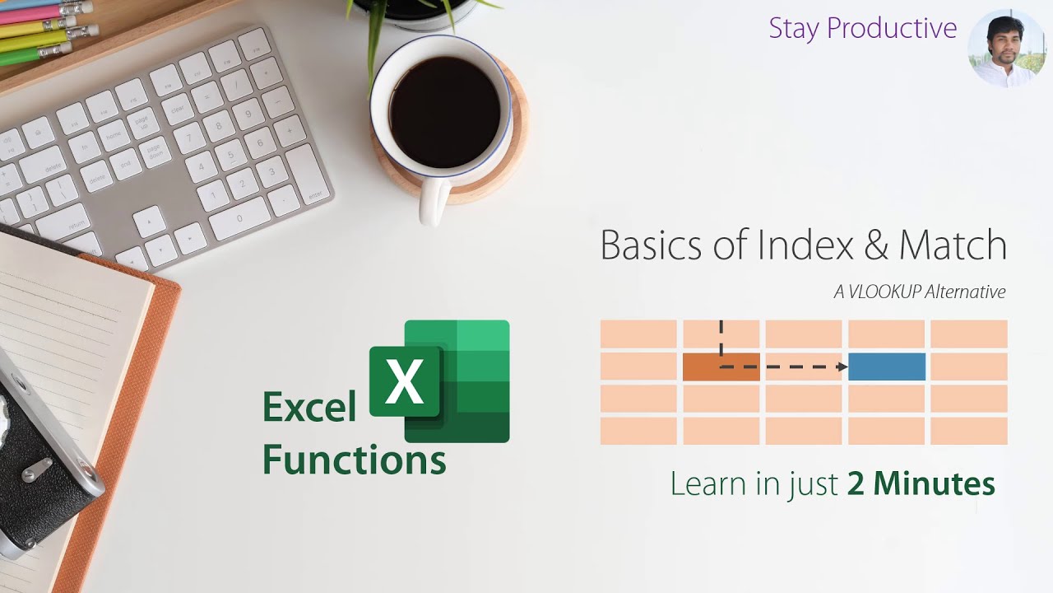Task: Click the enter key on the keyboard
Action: (308, 175)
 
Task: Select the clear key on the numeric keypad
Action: (178, 106)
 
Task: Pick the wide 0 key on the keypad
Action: (239, 218)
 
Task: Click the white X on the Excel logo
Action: (404, 382)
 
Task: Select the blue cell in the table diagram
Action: (886, 367)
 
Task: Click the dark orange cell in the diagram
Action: (721, 367)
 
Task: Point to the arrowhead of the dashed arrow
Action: (842, 367)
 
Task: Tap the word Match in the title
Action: (953, 245)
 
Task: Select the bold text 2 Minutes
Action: (921, 483)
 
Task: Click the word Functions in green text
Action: (354, 460)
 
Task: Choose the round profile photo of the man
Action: (1006, 49)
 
